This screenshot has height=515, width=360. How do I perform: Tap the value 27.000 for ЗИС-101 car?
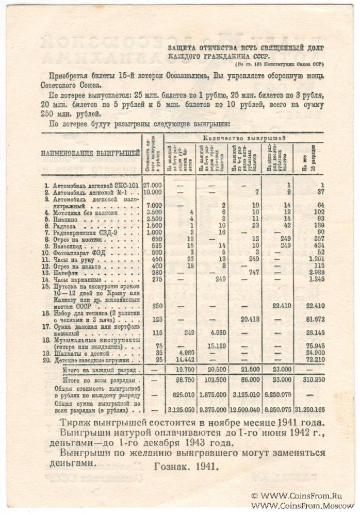pyautogui.click(x=152, y=185)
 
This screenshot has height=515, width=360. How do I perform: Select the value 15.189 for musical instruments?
pyautogui.click(x=212, y=346)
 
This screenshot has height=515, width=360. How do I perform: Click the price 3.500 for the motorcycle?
pyautogui.click(x=152, y=212)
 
